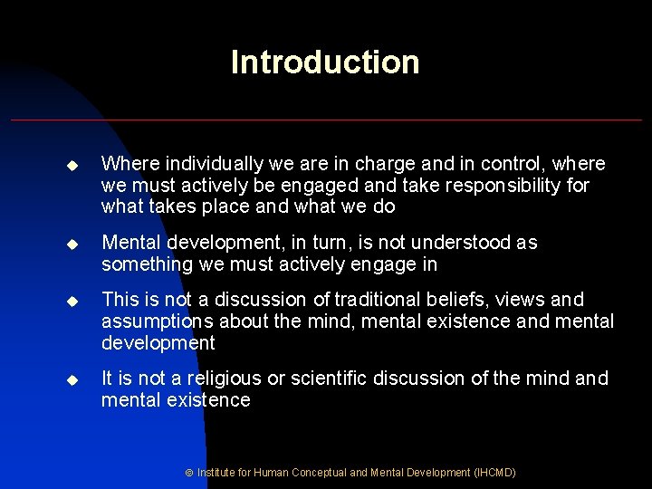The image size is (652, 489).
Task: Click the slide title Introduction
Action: point(325,62)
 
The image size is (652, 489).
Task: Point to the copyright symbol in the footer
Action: point(190,473)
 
